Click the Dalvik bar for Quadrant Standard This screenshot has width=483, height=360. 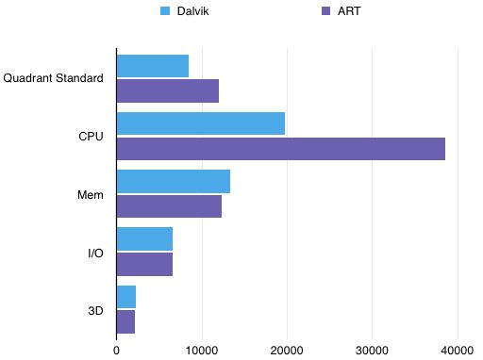point(152,66)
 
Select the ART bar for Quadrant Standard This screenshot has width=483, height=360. point(167,90)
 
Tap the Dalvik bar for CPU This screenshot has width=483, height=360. point(200,123)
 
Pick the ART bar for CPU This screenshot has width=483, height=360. point(280,148)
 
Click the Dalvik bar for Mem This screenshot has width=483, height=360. point(173,181)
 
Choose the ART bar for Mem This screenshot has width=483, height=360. point(169,205)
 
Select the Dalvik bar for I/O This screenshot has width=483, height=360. point(144,239)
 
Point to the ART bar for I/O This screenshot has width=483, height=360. point(144,264)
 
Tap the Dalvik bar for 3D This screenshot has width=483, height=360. point(126,297)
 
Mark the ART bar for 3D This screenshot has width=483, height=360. point(125,321)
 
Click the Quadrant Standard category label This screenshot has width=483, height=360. point(53,78)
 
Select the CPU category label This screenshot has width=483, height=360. point(91,137)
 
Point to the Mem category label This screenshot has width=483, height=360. point(91,194)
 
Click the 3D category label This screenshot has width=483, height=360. point(94,309)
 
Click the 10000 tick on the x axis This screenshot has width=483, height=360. point(202,350)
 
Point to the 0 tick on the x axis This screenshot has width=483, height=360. point(117,350)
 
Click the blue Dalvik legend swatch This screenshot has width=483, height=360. point(166,12)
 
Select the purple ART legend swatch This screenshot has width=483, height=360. point(326,12)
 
